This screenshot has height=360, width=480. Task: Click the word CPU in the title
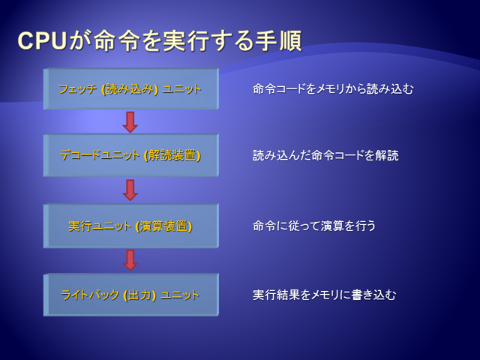click(x=42, y=40)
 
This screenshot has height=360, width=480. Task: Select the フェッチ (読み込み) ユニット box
click(x=131, y=88)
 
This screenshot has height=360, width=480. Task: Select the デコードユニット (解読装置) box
click(x=131, y=155)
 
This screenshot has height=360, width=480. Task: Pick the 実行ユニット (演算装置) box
click(x=131, y=226)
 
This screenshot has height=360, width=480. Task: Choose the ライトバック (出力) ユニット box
click(x=131, y=295)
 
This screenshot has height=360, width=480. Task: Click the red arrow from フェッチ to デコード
click(x=130, y=122)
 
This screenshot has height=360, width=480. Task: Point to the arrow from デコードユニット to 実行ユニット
click(x=130, y=190)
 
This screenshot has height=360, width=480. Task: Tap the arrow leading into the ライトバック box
click(x=130, y=260)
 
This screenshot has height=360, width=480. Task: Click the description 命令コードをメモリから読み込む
click(x=333, y=88)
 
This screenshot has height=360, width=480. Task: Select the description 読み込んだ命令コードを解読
click(x=325, y=155)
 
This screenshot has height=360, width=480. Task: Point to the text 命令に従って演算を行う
click(x=314, y=226)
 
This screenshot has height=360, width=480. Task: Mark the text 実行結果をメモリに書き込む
click(x=325, y=295)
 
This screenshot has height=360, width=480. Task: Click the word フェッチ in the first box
click(x=78, y=89)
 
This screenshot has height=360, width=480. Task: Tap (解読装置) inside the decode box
click(x=172, y=155)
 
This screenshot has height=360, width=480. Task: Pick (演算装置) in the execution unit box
click(x=164, y=226)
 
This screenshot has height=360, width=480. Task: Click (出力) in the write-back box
click(x=139, y=295)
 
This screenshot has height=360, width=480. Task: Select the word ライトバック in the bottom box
click(x=90, y=295)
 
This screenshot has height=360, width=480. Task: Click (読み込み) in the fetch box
click(x=130, y=89)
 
